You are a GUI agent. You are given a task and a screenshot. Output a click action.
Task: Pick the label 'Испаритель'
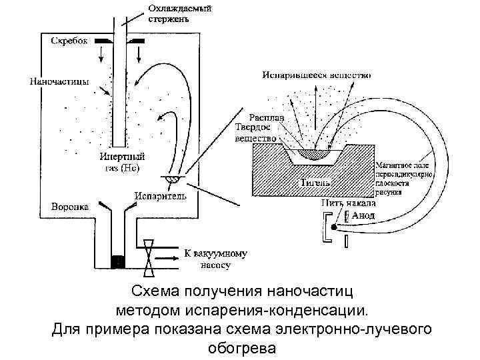(160, 196)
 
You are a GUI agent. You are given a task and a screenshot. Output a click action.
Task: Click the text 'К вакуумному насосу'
(215, 259)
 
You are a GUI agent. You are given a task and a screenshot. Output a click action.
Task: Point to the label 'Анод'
(363, 216)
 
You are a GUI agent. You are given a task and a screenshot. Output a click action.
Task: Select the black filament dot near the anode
(334, 227)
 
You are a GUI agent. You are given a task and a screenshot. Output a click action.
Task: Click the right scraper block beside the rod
(137, 41)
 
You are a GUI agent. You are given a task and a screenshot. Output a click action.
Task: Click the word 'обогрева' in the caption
(240, 347)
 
